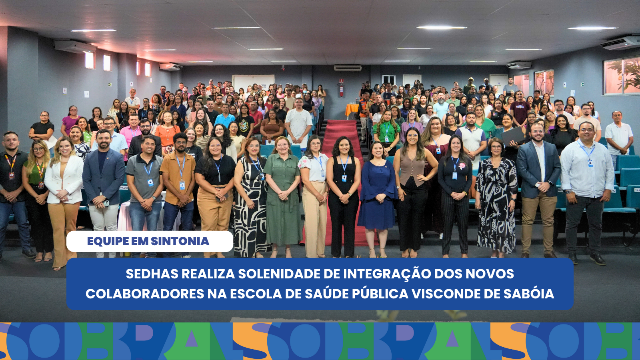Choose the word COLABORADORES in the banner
pyautogui.click(x=144, y=294)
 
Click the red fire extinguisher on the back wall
pyautogui.click(x=341, y=90)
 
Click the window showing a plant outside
pyautogui.click(x=622, y=76)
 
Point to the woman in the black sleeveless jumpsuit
pyautogui.click(x=343, y=192)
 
